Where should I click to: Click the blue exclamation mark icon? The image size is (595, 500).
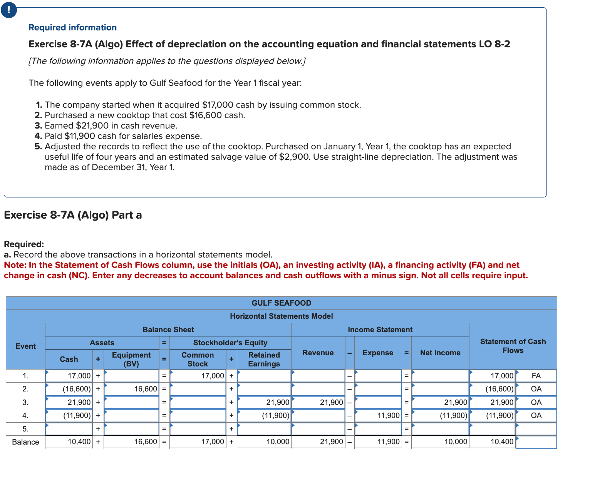tap(9, 10)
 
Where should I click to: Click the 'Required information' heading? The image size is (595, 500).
tap(72, 28)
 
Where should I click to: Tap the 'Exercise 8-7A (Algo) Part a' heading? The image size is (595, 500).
tap(73, 215)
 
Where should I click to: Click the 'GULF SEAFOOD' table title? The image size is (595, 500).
tap(281, 303)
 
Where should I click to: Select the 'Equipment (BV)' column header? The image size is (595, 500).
tap(131, 360)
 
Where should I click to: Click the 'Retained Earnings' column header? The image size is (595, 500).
tap(264, 360)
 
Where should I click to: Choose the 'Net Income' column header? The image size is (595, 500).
tap(440, 353)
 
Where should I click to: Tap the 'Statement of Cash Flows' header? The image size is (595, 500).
tap(513, 346)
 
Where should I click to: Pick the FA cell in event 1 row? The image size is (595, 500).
tap(536, 376)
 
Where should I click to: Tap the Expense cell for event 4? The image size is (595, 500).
tap(378, 416)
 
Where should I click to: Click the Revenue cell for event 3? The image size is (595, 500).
tap(318, 403)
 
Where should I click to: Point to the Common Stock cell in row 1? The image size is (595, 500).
tap(198, 376)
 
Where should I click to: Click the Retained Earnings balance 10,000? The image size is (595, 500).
tap(264, 442)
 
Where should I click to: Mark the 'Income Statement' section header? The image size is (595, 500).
tap(380, 330)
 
